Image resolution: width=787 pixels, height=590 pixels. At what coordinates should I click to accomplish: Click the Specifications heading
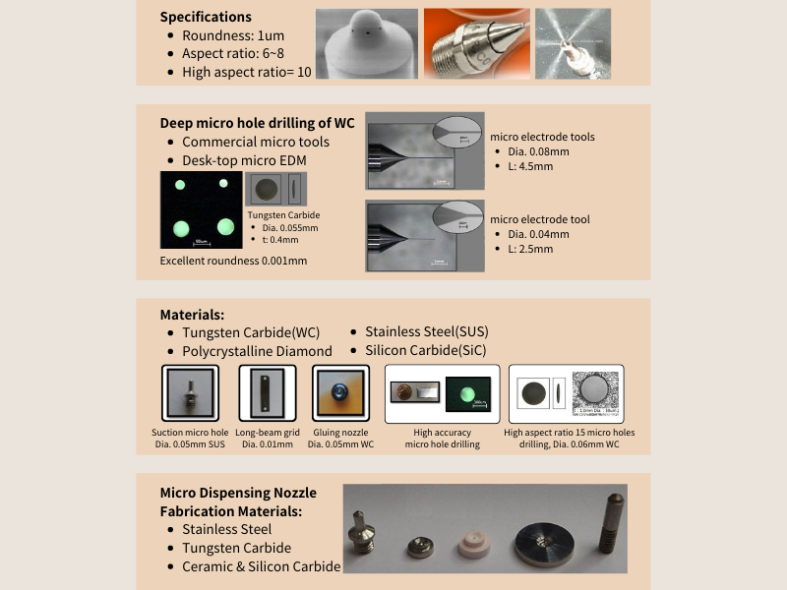206,17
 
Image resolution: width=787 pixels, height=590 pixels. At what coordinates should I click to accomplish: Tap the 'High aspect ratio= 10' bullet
246,72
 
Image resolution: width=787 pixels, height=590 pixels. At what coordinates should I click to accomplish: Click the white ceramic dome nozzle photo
364,44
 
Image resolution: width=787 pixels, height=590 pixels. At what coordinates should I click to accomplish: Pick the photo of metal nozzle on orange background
474,44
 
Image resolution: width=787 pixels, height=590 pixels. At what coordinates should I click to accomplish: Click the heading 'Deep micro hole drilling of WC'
257,123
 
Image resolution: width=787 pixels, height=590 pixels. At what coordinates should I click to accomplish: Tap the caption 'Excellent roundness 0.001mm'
233,261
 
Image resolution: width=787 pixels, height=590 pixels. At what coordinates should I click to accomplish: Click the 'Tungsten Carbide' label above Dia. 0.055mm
283,214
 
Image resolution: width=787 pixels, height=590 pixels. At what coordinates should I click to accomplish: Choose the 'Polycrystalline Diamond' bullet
257,351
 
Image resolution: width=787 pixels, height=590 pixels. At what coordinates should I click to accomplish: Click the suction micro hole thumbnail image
190,393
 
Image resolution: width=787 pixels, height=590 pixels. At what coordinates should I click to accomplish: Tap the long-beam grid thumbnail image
268,393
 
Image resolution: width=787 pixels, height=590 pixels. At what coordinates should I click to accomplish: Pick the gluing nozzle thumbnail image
340,393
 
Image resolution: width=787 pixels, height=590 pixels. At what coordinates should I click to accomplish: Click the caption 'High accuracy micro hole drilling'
442,439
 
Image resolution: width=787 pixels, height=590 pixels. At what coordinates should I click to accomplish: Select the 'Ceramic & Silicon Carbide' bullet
261,566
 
